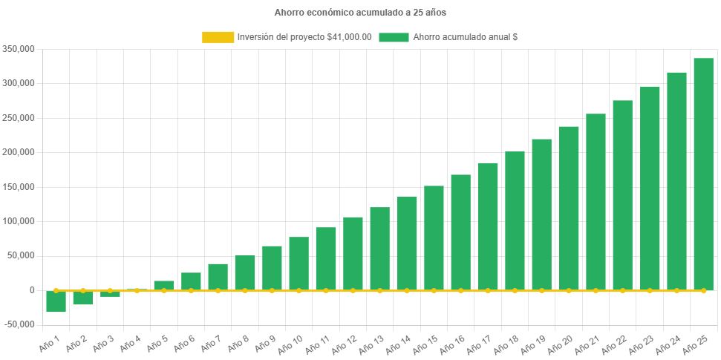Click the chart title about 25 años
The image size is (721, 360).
[360, 13]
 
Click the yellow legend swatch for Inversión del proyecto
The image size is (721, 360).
[217, 37]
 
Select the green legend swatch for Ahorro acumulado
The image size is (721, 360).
[394, 37]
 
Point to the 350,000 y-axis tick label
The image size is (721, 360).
[19, 49]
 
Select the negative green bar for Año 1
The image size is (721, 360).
[56, 301]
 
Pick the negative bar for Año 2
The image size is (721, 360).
[82, 298]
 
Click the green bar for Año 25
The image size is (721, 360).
[703, 174]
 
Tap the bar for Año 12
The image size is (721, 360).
[353, 253]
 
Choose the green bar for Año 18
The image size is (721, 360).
[515, 220]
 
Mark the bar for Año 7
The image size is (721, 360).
[218, 277]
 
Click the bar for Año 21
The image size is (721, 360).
[596, 202]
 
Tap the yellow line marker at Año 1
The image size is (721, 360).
[56, 290]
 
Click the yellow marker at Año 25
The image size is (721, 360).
[703, 290]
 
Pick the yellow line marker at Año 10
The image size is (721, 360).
[298, 290]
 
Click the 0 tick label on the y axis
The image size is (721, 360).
[31, 290]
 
